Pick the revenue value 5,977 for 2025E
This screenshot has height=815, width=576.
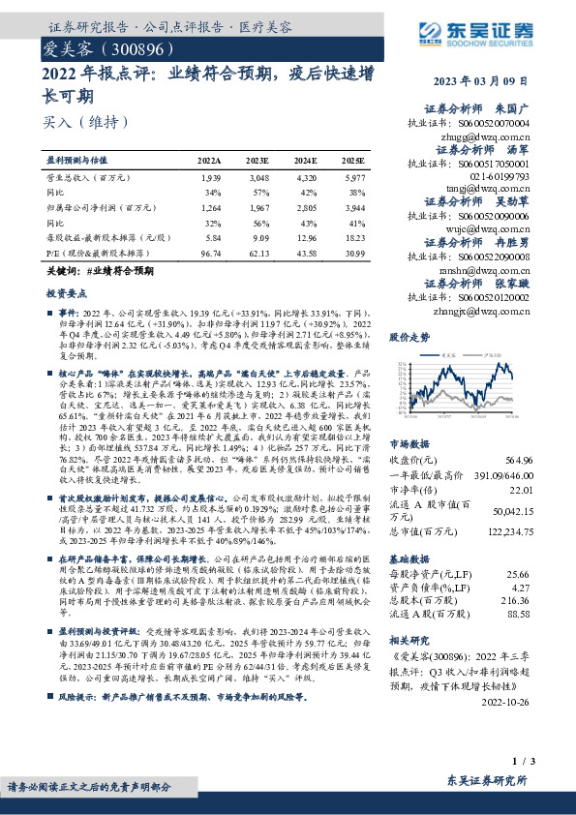tap(355, 179)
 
